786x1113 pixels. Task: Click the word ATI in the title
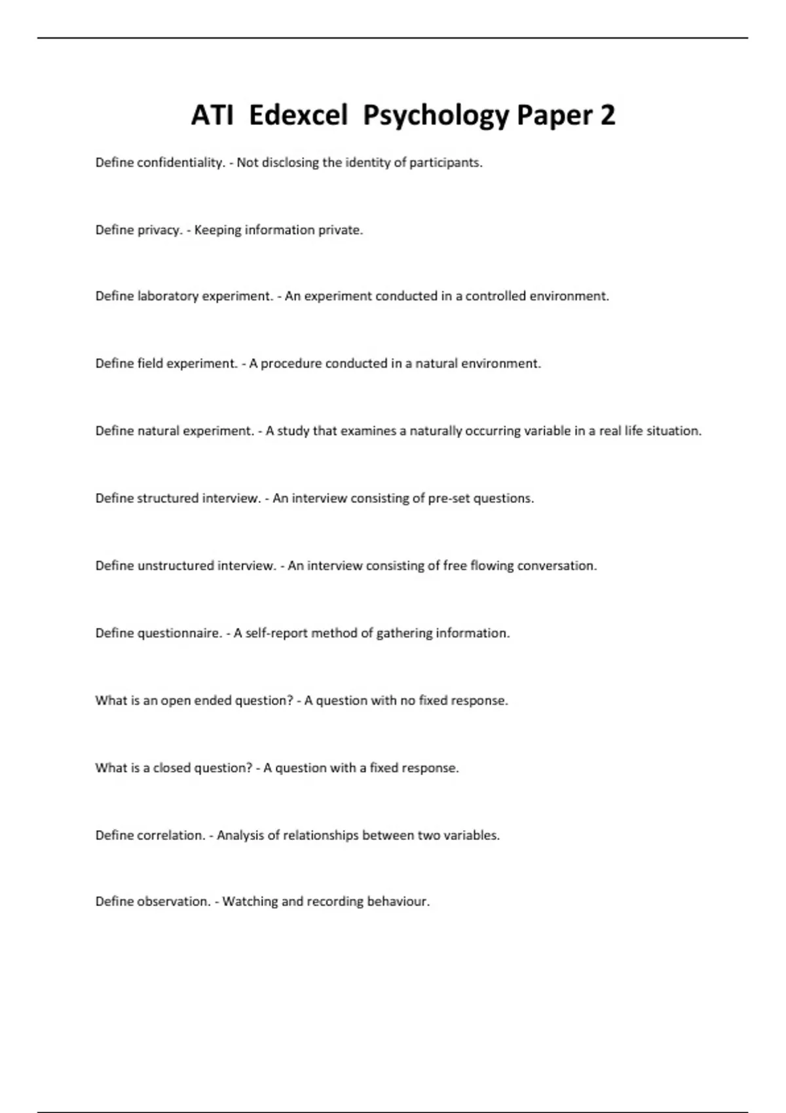[x=212, y=116]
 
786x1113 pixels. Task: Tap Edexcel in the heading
[x=298, y=116]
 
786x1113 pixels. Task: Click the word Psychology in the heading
[x=436, y=116]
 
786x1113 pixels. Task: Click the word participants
[x=445, y=163]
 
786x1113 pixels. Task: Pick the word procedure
[x=291, y=364]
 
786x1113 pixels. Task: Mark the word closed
[x=172, y=769]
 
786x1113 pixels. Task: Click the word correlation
[x=171, y=836]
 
